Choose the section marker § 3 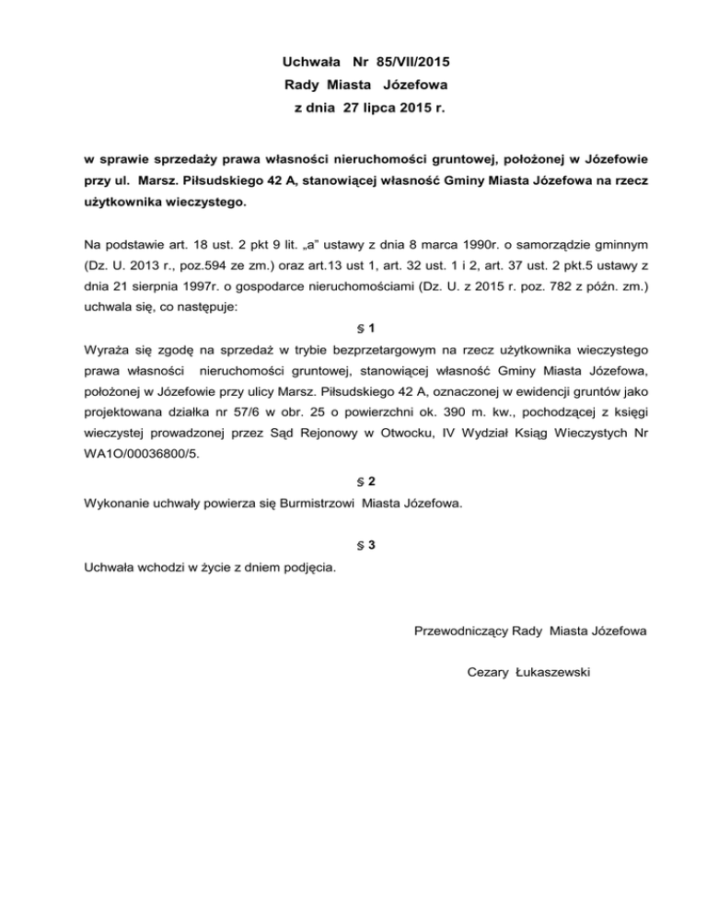(x=365, y=545)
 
